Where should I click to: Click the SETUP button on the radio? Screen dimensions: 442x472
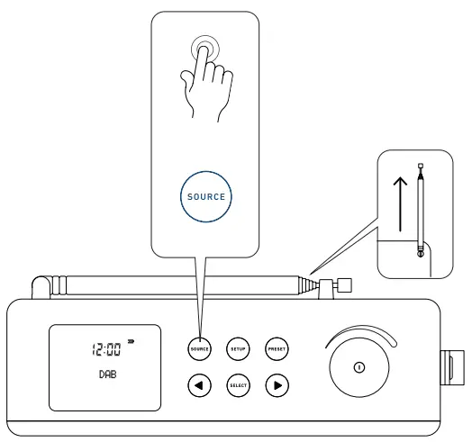click(x=238, y=347)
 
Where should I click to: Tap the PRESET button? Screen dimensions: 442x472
click(x=277, y=347)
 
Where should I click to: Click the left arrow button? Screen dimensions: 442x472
click(x=199, y=385)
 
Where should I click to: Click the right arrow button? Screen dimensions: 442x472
click(x=277, y=385)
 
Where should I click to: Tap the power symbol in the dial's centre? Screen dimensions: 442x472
click(x=359, y=366)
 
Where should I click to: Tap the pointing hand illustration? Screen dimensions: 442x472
click(x=205, y=86)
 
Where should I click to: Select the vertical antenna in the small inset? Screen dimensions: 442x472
click(x=421, y=212)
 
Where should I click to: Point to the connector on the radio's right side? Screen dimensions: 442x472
click(x=448, y=366)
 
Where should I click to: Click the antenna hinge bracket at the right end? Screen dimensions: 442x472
click(x=342, y=287)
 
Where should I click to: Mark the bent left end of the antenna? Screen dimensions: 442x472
click(x=41, y=288)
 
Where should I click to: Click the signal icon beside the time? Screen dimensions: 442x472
click(x=131, y=341)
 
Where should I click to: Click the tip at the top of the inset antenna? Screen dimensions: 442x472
click(x=421, y=166)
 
